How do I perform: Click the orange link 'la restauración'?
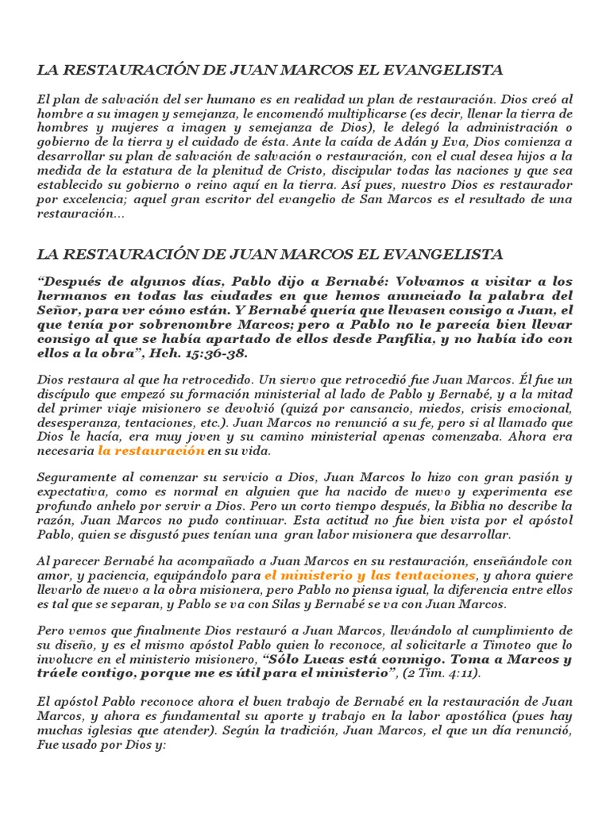pos(151,450)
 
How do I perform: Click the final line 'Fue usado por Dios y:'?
pos(100,746)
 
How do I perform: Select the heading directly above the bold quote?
pos(270,254)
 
